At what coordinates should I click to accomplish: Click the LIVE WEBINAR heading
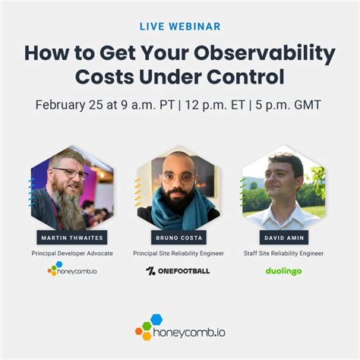(x=180, y=27)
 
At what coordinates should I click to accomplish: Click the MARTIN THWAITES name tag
(x=71, y=238)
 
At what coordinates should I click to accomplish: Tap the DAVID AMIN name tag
(x=286, y=238)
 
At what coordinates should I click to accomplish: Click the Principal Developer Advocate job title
(x=71, y=253)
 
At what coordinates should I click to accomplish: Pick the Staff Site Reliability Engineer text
(x=286, y=253)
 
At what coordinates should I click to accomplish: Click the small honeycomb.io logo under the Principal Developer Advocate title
(x=71, y=269)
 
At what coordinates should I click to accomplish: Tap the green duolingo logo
(x=286, y=270)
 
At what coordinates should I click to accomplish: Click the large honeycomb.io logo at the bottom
(x=180, y=329)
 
